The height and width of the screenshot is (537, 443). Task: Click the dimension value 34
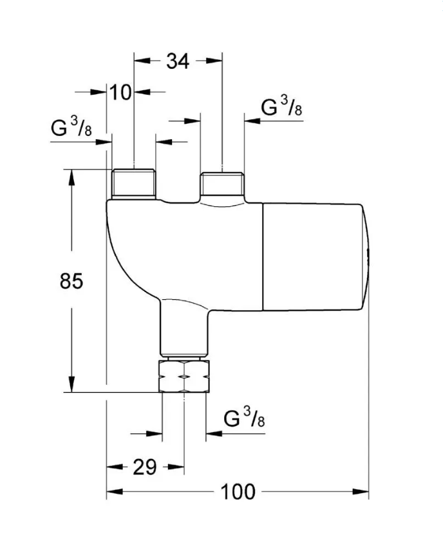point(178,62)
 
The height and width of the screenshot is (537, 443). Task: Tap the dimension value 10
point(120,92)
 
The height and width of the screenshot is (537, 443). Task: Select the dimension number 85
point(71,281)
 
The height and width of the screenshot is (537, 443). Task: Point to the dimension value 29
point(145,467)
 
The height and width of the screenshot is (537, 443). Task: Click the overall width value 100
point(238,492)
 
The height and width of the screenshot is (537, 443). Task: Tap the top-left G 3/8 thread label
point(71,127)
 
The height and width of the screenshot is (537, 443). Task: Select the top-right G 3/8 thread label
point(281,106)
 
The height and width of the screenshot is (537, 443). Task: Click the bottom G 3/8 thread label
point(244,417)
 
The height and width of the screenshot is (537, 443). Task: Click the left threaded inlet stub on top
point(134,184)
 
